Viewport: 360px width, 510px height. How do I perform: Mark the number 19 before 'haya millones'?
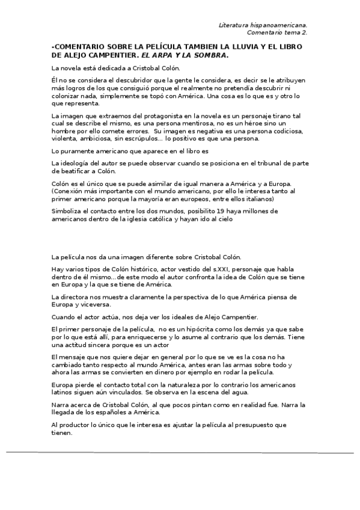(x=237, y=211)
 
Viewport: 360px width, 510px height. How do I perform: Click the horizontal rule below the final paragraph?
(x=180, y=451)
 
